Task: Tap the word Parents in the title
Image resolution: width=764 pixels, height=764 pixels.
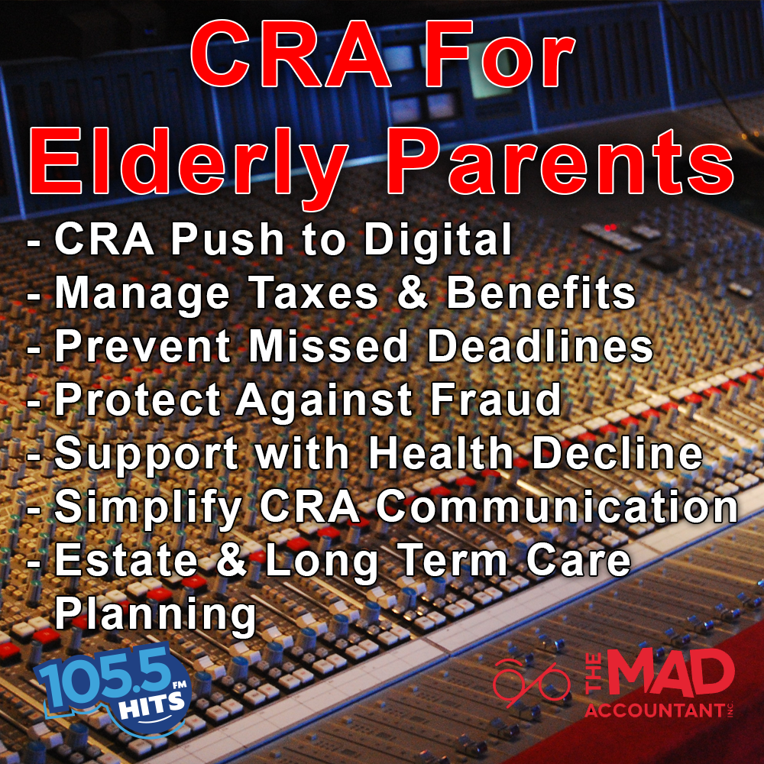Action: (560, 161)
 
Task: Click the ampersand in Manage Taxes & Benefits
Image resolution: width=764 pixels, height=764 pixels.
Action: (413, 293)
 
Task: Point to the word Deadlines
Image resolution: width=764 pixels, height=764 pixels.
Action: (540, 346)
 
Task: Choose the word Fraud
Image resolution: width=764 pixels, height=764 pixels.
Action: (495, 400)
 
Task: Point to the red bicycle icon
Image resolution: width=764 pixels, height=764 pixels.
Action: (531, 683)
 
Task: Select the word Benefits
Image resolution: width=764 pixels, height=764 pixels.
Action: (541, 293)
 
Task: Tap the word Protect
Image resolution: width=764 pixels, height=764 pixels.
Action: (138, 400)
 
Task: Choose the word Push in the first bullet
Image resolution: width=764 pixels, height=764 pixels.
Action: (228, 240)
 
